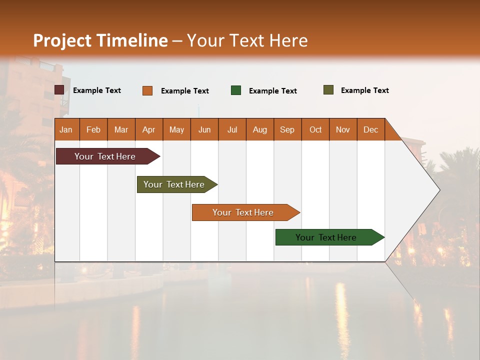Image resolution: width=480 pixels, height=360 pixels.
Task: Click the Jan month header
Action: (66, 129)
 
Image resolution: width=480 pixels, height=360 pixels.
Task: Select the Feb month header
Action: (93, 129)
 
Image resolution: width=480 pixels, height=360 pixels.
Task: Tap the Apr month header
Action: (148, 129)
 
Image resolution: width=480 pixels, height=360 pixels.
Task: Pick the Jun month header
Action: (204, 129)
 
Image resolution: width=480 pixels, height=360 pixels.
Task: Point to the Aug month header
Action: (259, 129)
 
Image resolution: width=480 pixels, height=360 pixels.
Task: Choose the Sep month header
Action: (287, 129)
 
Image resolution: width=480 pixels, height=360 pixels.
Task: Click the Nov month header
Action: (342, 129)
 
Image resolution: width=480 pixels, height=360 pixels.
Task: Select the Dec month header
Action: (370, 129)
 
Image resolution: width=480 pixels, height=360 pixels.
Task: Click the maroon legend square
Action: (59, 90)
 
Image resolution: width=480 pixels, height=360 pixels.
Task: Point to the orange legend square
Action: (147, 90)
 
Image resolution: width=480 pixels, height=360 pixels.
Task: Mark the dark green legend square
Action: (236, 90)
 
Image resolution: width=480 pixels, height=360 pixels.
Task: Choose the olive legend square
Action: (328, 90)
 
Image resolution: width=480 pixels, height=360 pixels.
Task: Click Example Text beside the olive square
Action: (364, 90)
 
